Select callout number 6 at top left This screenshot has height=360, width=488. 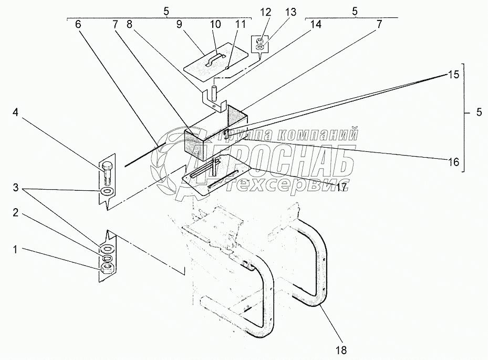pyautogui.click(x=78, y=24)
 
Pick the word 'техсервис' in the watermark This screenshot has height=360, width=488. pyautogui.click(x=274, y=185)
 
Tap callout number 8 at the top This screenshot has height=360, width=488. pyautogui.click(x=129, y=24)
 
